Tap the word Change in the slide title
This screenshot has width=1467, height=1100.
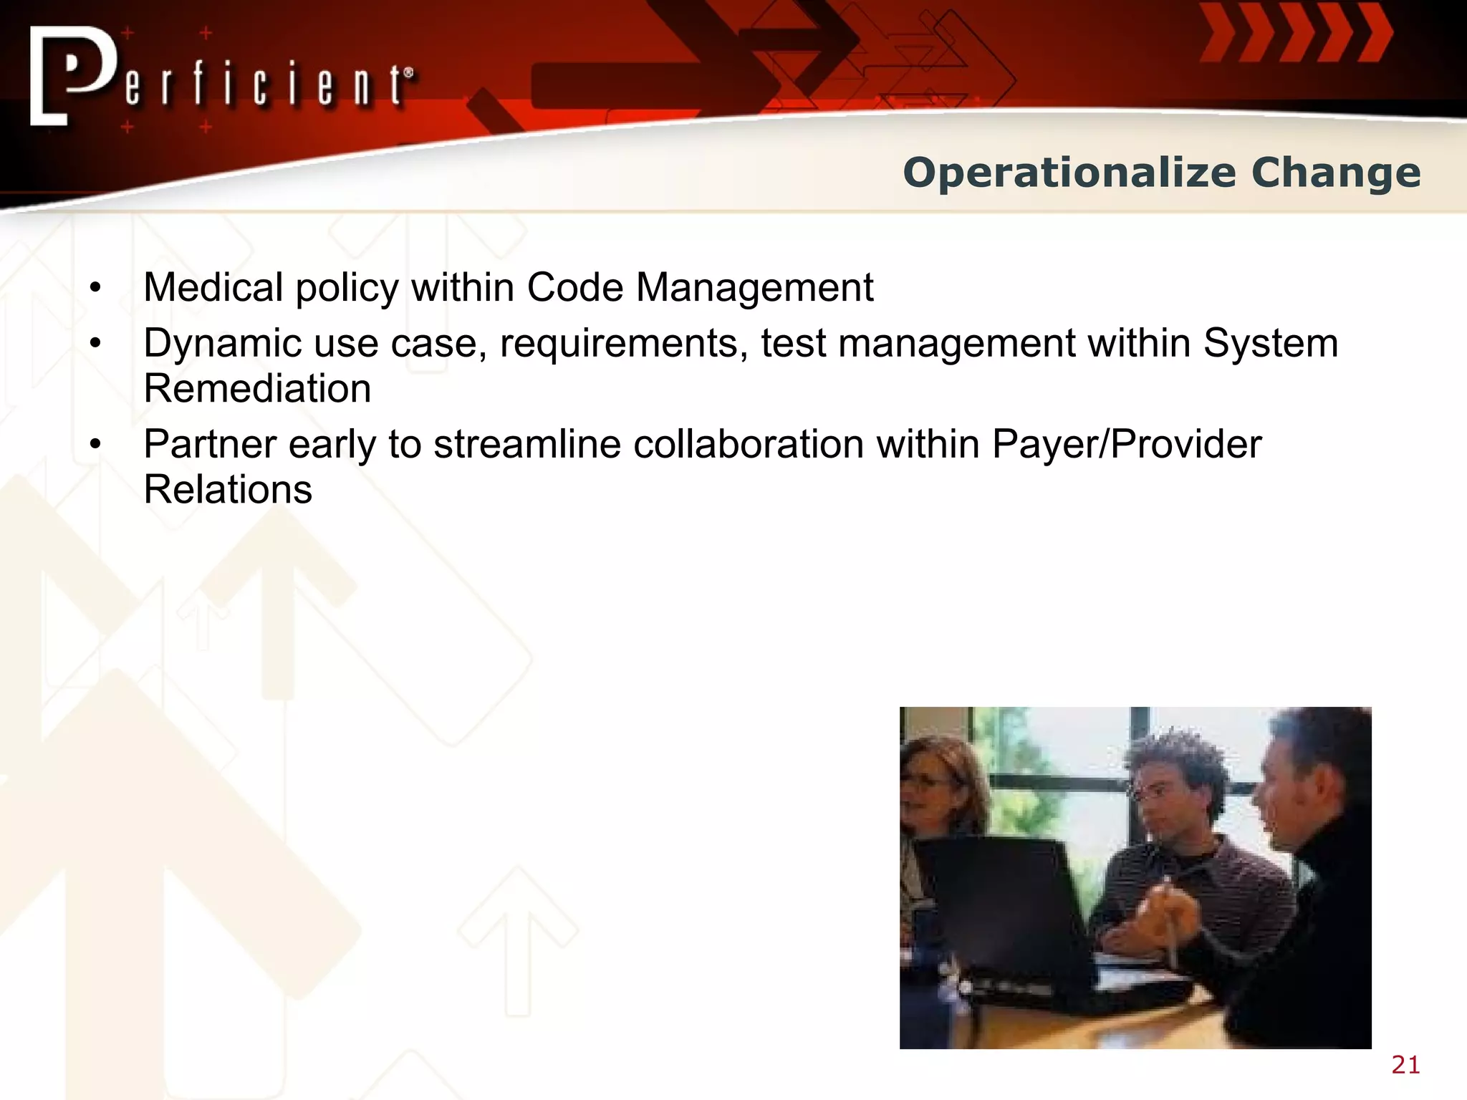point(1336,173)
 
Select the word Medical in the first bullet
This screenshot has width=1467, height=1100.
point(213,288)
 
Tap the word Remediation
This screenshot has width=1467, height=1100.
point(257,389)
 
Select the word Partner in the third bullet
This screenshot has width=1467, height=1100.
point(210,445)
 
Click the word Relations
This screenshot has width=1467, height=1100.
point(228,491)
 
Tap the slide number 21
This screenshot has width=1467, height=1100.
point(1405,1065)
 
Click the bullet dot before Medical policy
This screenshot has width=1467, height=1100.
point(95,289)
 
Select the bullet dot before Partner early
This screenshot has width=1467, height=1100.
point(95,445)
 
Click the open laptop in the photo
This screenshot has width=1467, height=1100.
point(1017,924)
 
